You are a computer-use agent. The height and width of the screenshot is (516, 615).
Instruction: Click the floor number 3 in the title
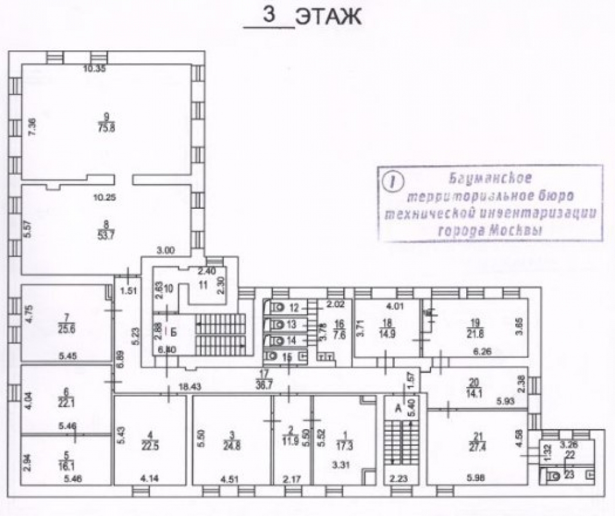tap(269, 15)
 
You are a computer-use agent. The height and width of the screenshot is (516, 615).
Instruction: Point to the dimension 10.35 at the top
tap(95, 69)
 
